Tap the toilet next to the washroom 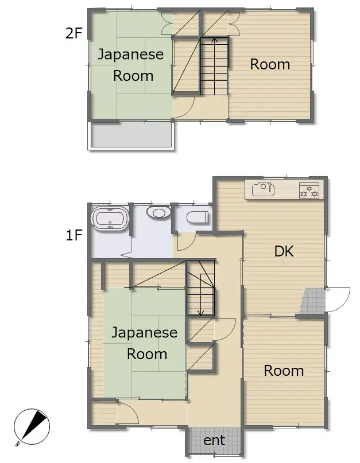coord(198,217)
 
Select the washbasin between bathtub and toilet coord(159,212)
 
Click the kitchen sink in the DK coord(264,189)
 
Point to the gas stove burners coord(309,190)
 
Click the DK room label coord(284,251)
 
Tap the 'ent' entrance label coord(214,440)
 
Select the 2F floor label coord(73,33)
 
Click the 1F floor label coord(73,235)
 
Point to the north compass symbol coord(32,427)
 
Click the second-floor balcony coord(132,135)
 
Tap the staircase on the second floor coord(214,66)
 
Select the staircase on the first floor coord(201,288)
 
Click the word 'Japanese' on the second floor coord(130,55)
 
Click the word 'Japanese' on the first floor coord(144,333)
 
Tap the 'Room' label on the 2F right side coord(270,64)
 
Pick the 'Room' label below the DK coord(284,371)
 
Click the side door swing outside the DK coord(338,299)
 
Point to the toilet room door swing coord(186,242)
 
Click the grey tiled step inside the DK coord(312,301)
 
